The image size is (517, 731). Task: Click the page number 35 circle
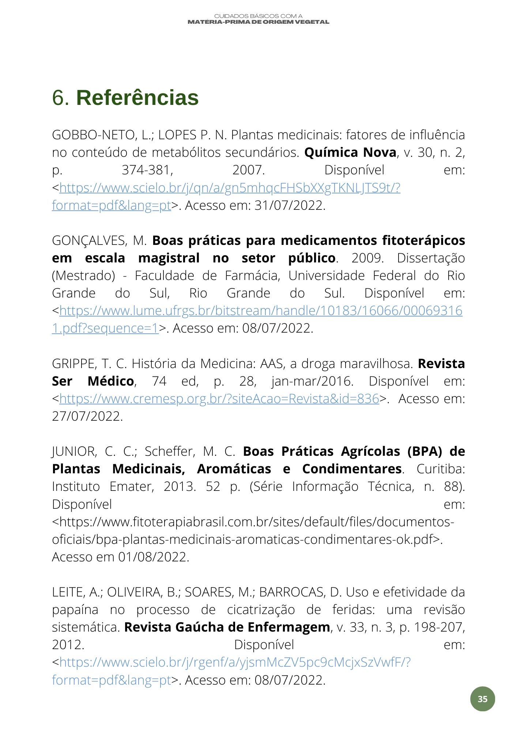pos(482,699)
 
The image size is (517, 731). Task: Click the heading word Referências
pos(137,98)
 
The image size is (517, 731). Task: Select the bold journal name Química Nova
pos(350,152)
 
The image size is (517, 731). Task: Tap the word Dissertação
pos(431,258)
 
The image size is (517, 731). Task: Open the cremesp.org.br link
pos(219,399)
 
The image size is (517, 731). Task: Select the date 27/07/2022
pos(87,416)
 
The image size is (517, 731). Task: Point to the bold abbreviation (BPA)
pos(424,451)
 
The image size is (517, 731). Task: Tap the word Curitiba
pos(440,469)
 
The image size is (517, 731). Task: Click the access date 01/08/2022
pos(154,557)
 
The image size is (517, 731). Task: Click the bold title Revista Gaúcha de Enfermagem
pos(227,627)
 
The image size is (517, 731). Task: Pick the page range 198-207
pos(439,627)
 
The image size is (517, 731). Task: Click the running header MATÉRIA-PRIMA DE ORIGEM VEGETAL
pos(258,22)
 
